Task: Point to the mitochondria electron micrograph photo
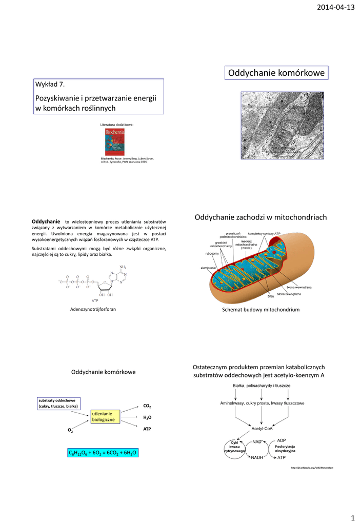coord(283,125)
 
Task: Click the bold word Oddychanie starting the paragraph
coord(46,220)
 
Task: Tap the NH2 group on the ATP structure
coord(123,267)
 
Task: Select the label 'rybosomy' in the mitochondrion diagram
coord(212,253)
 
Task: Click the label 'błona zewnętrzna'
coord(289,294)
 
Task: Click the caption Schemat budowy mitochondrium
coord(261,310)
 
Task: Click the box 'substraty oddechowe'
coord(57,403)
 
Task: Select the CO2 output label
coord(147,406)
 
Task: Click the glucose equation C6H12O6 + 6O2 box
coord(103,453)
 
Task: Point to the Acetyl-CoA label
coord(262,428)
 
